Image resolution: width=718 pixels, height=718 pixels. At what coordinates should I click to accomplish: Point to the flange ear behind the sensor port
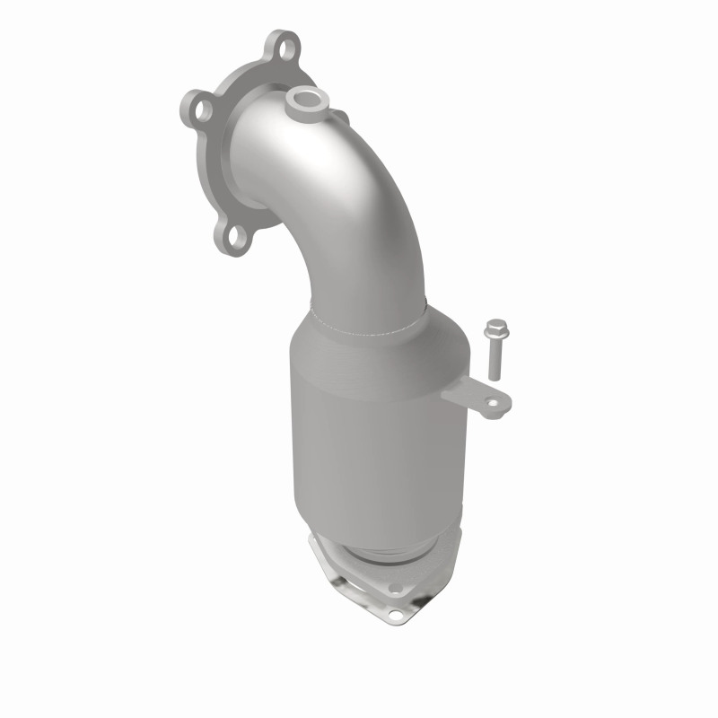coord(339,117)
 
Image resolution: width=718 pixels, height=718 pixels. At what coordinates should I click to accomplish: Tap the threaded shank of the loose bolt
coord(493,359)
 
